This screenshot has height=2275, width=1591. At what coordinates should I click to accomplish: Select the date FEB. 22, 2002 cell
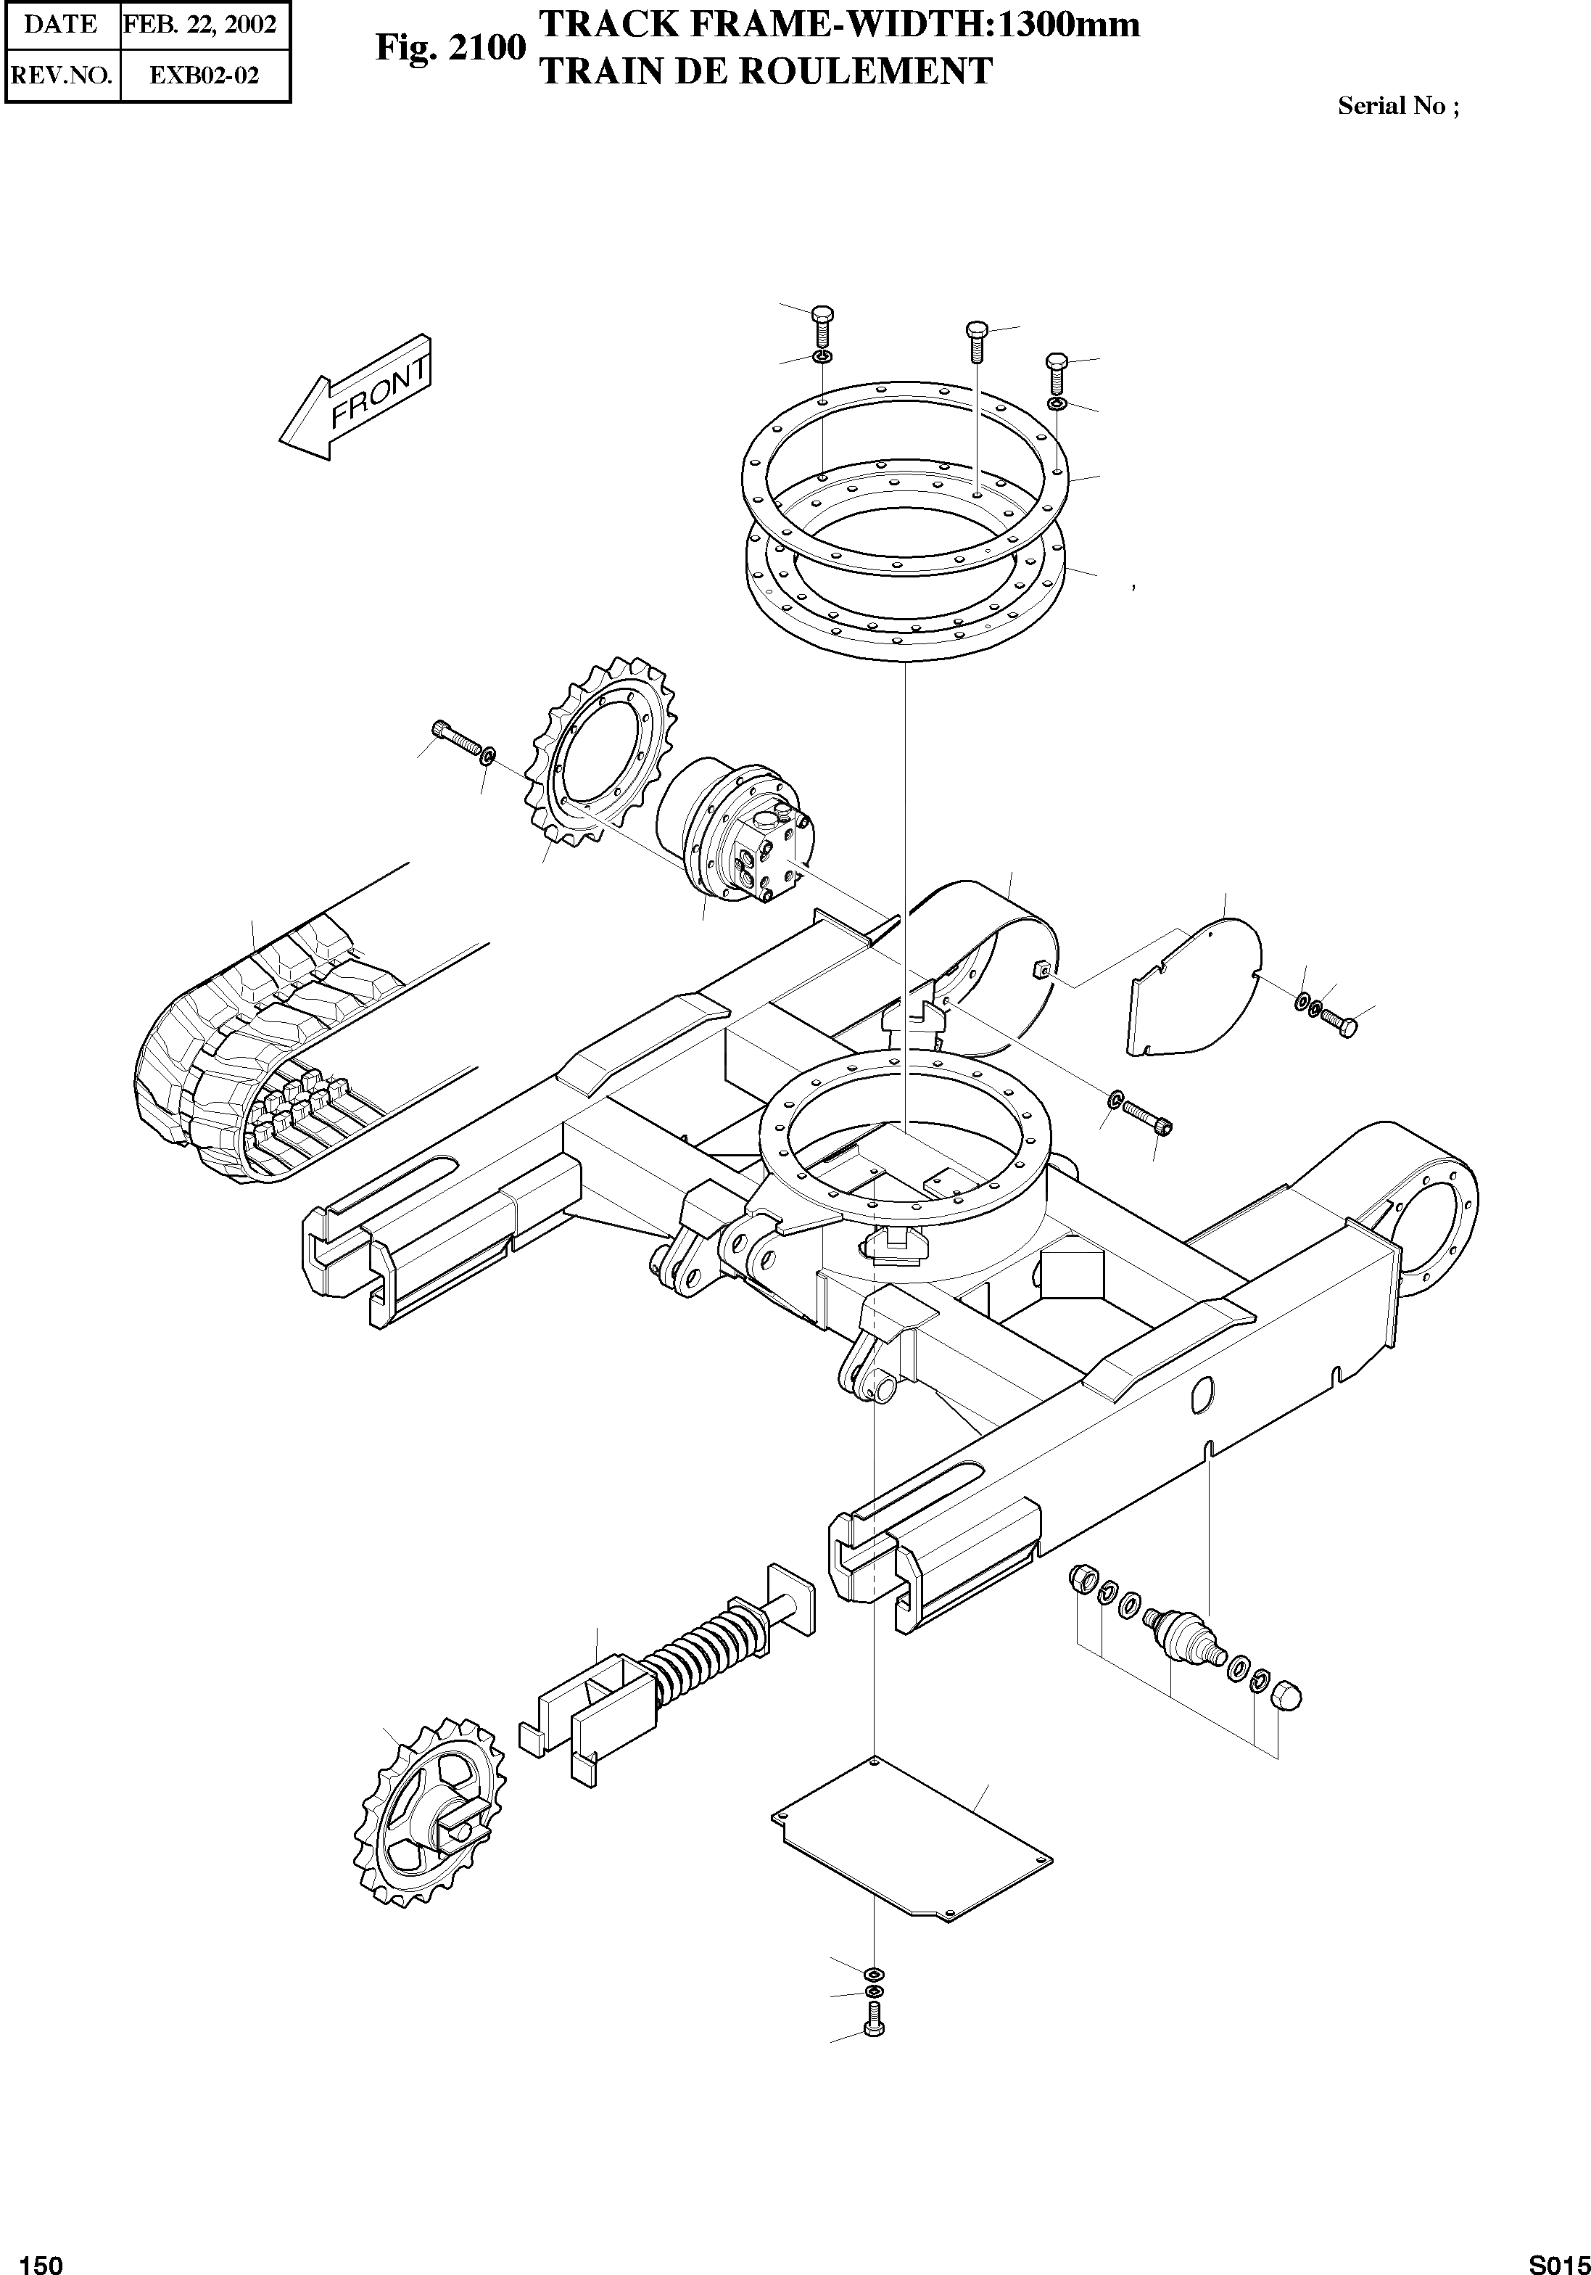point(204,25)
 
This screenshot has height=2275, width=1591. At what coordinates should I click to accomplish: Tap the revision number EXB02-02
point(204,74)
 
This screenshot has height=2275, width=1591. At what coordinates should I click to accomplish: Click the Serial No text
point(1397,106)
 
